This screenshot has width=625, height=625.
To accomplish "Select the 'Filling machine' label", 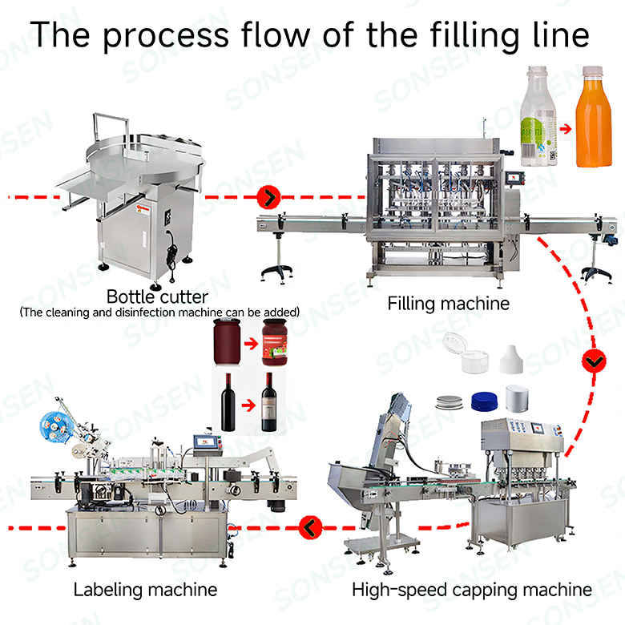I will coord(448,303).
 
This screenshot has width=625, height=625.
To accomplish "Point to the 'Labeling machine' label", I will coord(145,590).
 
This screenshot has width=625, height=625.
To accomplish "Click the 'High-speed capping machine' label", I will coord(471,590).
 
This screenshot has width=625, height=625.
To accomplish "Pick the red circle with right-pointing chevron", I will coord(269,196).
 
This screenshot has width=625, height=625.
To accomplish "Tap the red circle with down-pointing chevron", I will coord(593,362).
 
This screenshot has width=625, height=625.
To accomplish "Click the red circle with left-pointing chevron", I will coord(308,527).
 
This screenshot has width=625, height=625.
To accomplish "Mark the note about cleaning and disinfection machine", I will coord(159,311).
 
